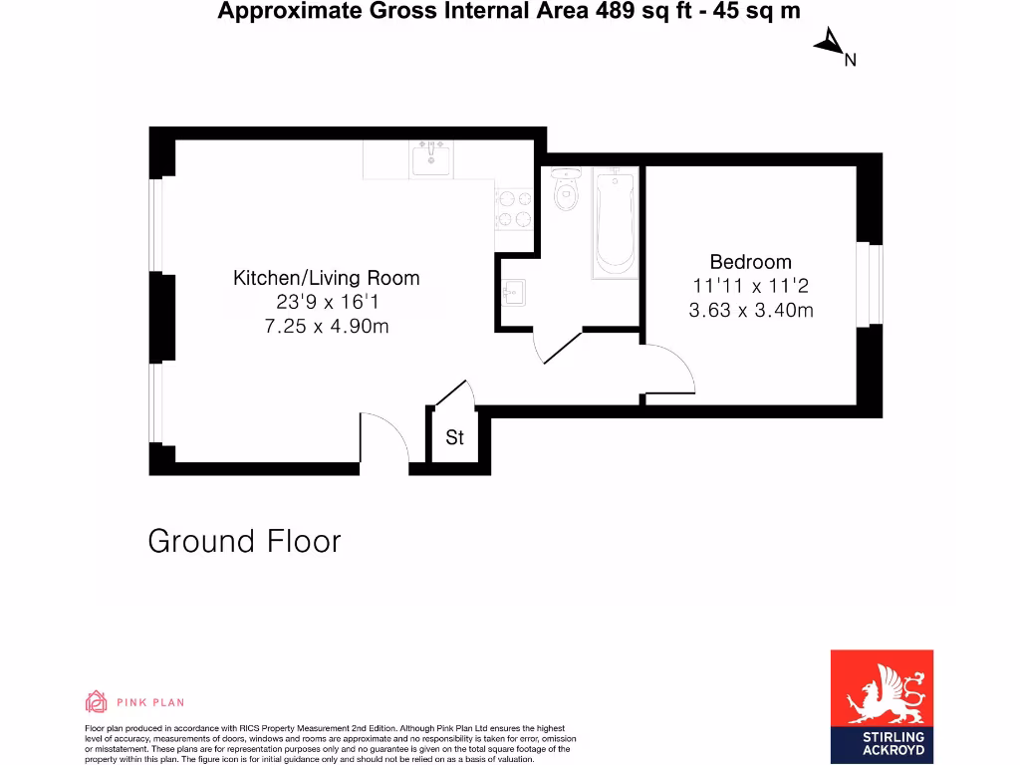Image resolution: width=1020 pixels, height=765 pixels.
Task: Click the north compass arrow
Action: click(829, 43)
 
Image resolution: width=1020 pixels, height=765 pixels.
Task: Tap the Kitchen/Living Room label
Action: click(326, 278)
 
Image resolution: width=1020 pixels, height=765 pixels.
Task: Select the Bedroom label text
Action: click(750, 262)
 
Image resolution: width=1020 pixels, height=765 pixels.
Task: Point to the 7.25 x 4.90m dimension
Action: click(326, 326)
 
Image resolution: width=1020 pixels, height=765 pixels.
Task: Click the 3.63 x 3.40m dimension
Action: click(750, 310)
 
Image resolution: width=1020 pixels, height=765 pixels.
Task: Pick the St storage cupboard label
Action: click(454, 437)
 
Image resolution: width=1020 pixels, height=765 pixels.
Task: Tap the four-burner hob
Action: click(514, 207)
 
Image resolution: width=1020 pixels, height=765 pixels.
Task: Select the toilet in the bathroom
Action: click(566, 188)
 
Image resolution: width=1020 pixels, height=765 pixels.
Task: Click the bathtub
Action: click(614, 222)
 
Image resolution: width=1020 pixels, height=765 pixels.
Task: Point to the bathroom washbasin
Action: click(512, 293)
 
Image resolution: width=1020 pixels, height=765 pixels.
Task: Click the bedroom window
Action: click(874, 283)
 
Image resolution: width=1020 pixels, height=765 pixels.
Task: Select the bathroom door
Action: click(558, 348)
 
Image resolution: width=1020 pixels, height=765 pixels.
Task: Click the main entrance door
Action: click(383, 438)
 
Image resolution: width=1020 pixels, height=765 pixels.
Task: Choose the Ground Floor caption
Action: click(244, 541)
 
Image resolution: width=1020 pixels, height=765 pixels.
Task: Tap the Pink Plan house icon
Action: click(97, 701)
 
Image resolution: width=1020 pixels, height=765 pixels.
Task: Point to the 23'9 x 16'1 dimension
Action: click(326, 302)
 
